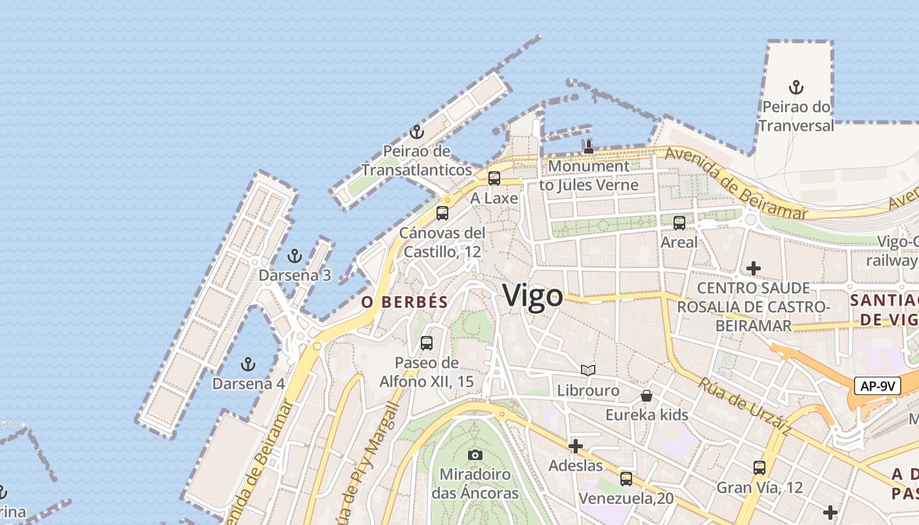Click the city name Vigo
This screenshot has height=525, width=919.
pos(533,296)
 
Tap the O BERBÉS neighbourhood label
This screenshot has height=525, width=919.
pos(404,302)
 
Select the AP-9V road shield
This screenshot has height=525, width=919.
pos(877,386)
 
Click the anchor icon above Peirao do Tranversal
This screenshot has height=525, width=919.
pos(796,87)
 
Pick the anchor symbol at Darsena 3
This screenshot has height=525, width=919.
pos(295,256)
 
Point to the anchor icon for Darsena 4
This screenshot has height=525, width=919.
pos(248,364)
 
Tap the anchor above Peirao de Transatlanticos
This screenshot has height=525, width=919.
pos(416,132)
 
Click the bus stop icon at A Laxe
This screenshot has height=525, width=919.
pos(494,178)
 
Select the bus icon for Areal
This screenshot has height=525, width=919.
pos(679,222)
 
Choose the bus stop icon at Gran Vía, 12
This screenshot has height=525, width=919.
pos(759,468)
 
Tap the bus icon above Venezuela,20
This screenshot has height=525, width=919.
pos(626,479)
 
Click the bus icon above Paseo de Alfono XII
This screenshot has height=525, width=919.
pos(427,343)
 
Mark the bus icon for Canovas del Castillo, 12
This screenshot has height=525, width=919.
pos(442,213)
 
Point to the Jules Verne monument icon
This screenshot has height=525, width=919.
pos(589,146)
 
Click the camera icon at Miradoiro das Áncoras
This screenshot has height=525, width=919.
pos(475,455)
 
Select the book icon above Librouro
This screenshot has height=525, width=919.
pos(588,371)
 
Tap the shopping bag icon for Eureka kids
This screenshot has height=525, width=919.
pos(647,395)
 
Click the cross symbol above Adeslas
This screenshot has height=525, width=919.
pos(576,447)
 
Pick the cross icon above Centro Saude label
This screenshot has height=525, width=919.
pos(754,268)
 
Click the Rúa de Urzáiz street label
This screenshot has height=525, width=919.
pos(744,406)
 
